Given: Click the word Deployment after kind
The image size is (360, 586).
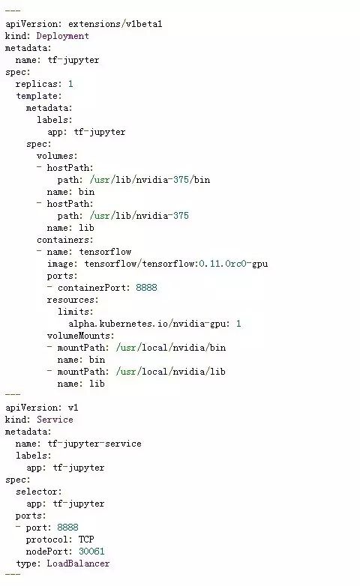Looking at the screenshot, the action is coord(62,36).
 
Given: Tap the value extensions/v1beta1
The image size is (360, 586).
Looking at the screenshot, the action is coord(115,24).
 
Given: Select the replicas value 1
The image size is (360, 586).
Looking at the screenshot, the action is coord(70,84).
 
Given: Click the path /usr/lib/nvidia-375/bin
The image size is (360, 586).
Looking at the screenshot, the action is coord(150,180).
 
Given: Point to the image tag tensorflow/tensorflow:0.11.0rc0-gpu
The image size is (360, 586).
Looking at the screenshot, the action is coord(176,264).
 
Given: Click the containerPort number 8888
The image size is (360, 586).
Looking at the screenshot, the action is coord(146,288).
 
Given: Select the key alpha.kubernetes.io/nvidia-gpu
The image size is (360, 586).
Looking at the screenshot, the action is coord(147,323).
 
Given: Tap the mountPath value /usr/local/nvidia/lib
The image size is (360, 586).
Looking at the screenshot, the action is coord(171,372).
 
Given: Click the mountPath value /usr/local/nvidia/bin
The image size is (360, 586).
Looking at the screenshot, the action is coord(171,348).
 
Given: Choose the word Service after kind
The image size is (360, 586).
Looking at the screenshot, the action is coord(55,420).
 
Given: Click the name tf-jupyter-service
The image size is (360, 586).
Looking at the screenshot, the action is coord(94,444).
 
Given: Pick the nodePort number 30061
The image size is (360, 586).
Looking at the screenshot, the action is coord(91,552).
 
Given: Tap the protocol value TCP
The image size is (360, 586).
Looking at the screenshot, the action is coord(86,540).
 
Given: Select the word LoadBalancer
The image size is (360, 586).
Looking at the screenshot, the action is coord(78,564).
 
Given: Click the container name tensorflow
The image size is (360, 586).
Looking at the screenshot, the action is coord(105,252).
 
